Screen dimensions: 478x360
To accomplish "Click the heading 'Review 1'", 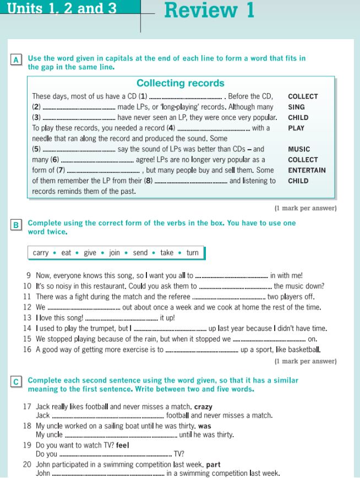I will point(209,10).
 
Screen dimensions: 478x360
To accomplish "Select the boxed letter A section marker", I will point(17,59).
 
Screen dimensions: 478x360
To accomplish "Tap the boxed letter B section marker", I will point(17,225).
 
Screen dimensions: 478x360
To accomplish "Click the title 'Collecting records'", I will point(180,83).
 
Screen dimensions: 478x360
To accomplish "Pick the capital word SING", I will point(296,107).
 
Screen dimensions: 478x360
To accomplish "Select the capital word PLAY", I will point(296,128).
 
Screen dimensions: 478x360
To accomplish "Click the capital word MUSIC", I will point(299,149).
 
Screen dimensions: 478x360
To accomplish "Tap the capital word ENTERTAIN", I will point(307,170).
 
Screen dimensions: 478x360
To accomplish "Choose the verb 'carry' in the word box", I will point(41,253).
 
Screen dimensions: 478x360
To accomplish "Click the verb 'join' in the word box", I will point(114,253).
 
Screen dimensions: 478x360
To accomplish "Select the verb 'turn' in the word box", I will point(192,253).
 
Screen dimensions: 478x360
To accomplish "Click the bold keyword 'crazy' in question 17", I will point(203,406).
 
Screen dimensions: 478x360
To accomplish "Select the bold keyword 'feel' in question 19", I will point(122,445).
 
